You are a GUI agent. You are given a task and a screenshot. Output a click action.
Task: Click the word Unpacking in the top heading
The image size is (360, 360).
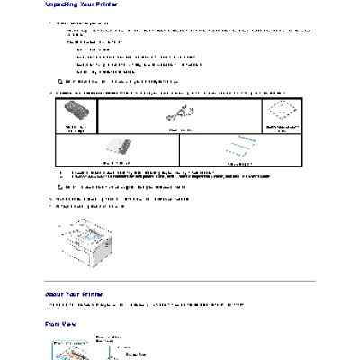(x=61, y=5)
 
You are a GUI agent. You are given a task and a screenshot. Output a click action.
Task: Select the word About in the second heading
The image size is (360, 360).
(x=54, y=294)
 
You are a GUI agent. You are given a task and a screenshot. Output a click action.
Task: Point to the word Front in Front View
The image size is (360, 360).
(x=53, y=323)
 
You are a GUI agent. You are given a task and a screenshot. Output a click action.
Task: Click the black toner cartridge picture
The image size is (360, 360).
(x=75, y=114)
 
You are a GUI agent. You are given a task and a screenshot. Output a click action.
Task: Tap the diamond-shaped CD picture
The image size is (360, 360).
(x=283, y=112)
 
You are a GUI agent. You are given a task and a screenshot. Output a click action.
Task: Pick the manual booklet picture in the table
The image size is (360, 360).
(x=118, y=148)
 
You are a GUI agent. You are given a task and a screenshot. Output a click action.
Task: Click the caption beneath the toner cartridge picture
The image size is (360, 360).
(x=75, y=130)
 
